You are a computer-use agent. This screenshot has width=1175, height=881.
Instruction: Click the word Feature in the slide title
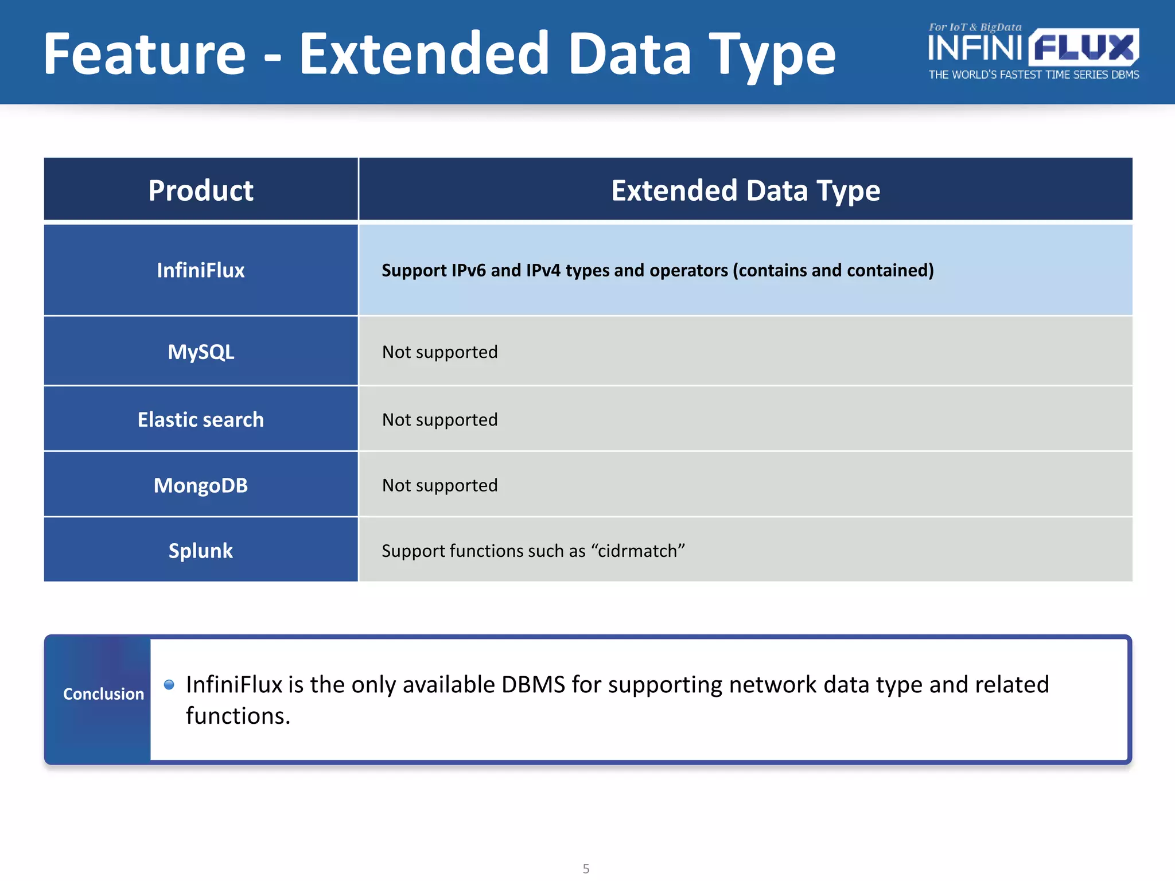pos(145,54)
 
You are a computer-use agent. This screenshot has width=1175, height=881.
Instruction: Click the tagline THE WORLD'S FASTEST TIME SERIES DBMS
pos(1033,75)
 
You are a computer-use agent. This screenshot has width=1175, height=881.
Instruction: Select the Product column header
pos(200,190)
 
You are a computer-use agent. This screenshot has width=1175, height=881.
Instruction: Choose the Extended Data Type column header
pos(745,190)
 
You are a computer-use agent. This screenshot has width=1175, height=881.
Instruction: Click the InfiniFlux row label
pos(200,270)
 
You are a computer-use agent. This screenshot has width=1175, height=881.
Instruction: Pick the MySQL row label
pos(200,352)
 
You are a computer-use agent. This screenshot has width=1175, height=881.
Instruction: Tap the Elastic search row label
pos(200,419)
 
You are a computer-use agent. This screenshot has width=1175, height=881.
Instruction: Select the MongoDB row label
pos(200,485)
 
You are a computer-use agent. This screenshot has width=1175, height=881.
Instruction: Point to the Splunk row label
pos(200,551)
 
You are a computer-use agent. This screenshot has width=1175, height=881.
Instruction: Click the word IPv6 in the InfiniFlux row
pos(468,270)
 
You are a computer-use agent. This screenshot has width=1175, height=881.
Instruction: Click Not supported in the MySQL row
pos(439,352)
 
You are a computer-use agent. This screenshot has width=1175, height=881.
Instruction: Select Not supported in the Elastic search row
pos(439,419)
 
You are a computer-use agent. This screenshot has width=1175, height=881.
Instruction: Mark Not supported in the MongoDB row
pos(439,485)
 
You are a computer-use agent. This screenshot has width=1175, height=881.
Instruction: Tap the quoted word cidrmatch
pos(637,551)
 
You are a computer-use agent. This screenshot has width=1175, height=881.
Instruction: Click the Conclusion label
pos(103,694)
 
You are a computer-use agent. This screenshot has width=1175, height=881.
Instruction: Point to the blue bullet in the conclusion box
pos(169,684)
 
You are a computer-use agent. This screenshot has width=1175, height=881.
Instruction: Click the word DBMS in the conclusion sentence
pos(533,684)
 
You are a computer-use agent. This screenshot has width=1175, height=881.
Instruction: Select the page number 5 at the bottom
pos(586,868)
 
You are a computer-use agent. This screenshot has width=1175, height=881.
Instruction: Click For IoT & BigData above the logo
pos(975,27)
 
